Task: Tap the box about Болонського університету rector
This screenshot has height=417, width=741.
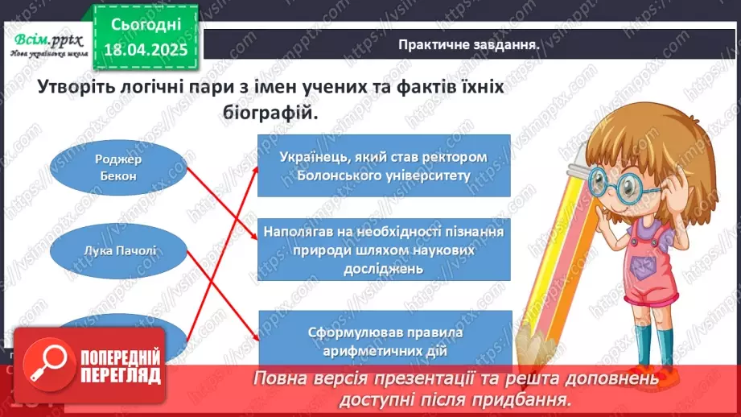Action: (384, 165)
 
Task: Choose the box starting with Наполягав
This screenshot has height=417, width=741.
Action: (384, 250)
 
